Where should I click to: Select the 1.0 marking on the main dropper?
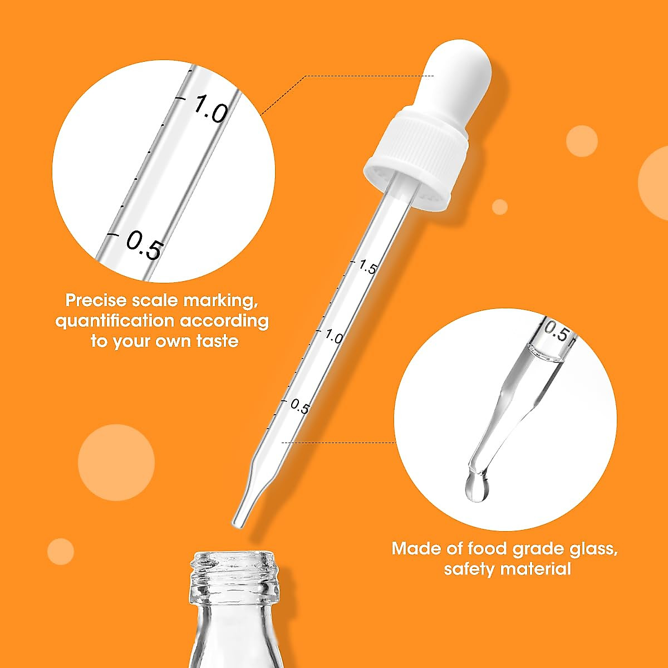click(x=334, y=336)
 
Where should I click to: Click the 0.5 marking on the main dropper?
click(x=299, y=407)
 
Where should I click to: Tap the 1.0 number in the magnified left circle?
click(x=210, y=109)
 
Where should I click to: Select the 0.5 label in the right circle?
click(x=557, y=332)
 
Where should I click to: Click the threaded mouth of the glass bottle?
click(x=234, y=573)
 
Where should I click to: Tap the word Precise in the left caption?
click(x=96, y=300)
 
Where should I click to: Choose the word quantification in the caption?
click(x=114, y=321)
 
